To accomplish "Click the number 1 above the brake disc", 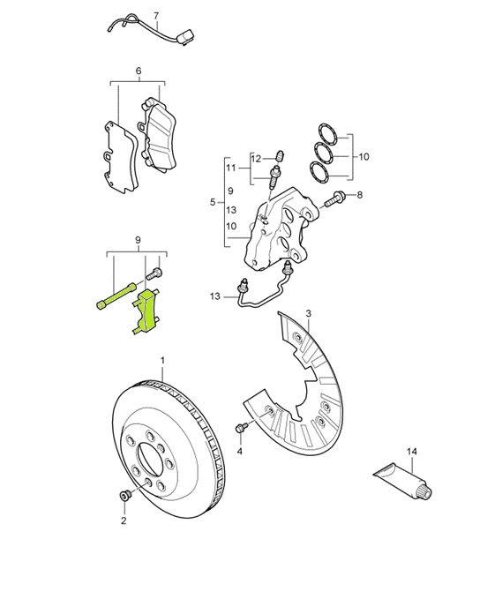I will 162,361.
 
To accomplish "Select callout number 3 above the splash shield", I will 308,314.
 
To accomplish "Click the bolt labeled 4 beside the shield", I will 241,429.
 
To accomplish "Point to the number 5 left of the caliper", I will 213,203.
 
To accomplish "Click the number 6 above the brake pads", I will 139,71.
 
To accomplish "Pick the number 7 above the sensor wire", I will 156,17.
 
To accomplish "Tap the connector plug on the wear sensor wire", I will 184,39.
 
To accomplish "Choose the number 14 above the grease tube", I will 411,452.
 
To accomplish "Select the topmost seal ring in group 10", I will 326,133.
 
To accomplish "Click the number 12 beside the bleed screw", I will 256,159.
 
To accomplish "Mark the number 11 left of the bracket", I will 231,168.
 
